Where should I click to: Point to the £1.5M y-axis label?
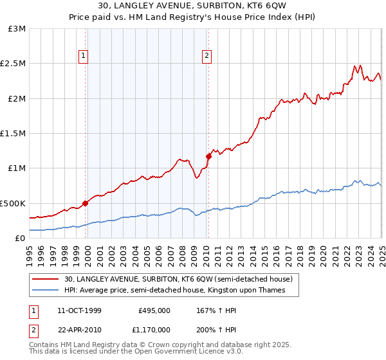point(14,134)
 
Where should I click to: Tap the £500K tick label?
point(13,203)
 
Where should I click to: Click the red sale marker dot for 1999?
point(86,203)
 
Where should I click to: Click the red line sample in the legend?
point(46,280)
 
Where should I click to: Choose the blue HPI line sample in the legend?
point(46,291)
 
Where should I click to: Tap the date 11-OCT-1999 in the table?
point(79,310)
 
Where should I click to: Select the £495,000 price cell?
point(154,310)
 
